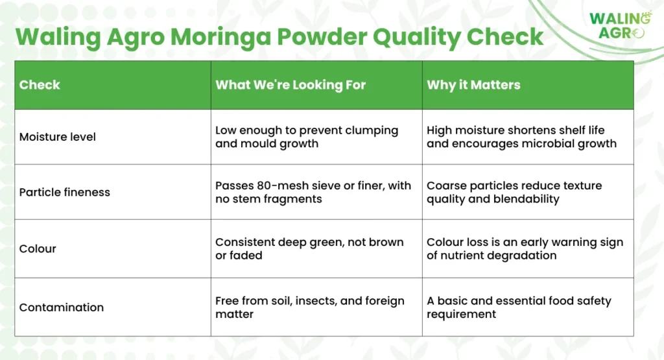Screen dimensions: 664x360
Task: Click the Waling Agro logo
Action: [621, 25]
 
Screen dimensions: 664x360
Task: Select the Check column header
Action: [40, 85]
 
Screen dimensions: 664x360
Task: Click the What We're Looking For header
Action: [290, 85]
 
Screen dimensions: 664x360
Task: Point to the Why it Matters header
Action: [473, 85]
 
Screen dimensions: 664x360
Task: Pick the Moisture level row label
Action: [58, 137]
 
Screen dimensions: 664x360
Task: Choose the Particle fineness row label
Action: [64, 192]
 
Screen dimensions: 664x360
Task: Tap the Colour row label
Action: [38, 248]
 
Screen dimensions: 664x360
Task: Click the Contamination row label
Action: [62, 307]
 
